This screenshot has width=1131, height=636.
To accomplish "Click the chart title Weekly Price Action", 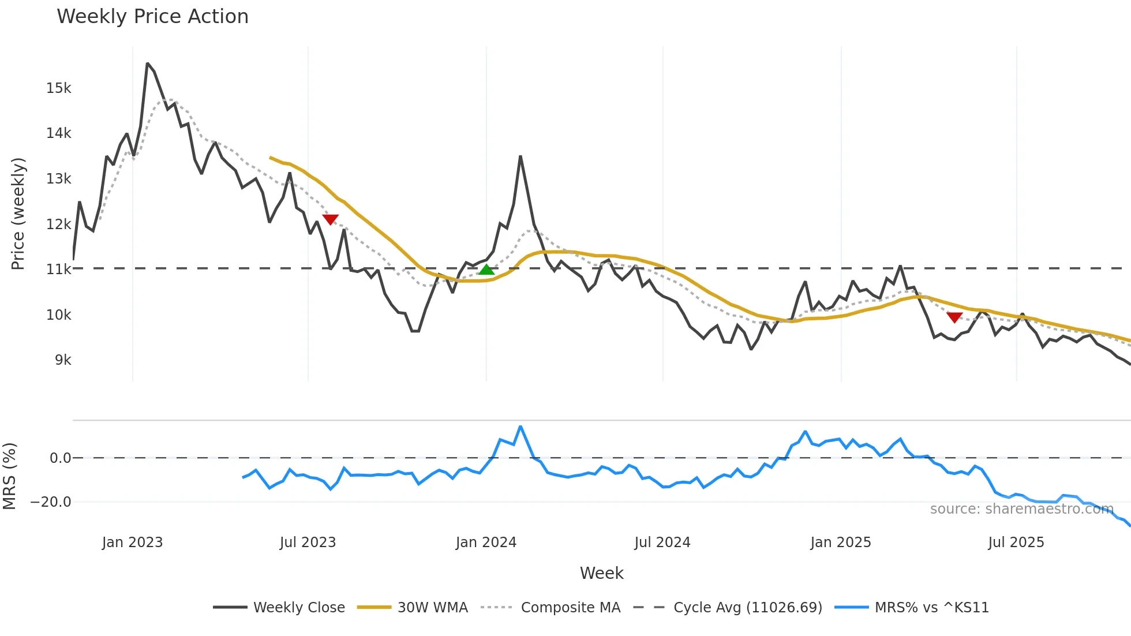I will [x=152, y=17].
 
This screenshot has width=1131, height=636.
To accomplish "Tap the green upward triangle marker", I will [x=486, y=270].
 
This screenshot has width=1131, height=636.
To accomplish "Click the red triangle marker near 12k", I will [x=330, y=219].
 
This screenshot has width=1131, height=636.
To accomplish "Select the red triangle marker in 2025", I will [x=954, y=317].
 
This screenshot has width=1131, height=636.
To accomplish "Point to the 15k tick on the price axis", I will [x=59, y=88].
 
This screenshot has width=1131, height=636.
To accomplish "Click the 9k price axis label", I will [x=63, y=360].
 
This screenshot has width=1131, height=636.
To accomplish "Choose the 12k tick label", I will [x=59, y=224].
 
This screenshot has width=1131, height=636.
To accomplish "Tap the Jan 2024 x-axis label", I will [x=486, y=543].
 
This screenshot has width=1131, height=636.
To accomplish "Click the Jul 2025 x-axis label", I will [x=1016, y=543].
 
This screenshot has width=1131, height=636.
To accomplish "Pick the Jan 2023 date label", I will [x=132, y=543].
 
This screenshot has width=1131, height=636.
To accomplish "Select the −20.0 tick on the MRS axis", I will [x=51, y=502].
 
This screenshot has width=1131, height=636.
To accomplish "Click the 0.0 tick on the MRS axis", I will [x=60, y=458].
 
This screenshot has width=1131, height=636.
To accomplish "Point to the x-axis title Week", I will [x=601, y=573].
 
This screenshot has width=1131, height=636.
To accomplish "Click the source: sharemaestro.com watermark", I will [x=1021, y=509].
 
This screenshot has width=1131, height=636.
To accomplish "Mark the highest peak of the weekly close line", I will [x=148, y=63].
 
